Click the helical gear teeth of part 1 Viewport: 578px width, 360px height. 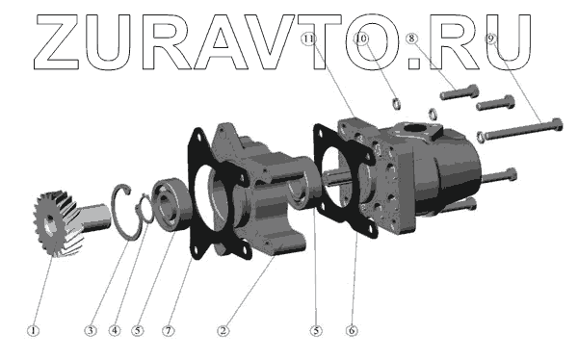tap(59, 223)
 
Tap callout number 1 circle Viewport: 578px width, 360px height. tap(33, 330)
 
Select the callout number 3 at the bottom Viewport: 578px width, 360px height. tap(90, 330)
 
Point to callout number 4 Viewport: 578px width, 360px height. tap(115, 330)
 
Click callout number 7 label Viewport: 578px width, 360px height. tap(169, 330)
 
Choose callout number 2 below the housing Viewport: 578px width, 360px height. tap(223, 330)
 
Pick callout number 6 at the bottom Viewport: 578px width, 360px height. tap(352, 330)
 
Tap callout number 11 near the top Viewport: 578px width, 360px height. tap(308, 39)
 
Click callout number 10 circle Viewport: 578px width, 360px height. tap(362, 39)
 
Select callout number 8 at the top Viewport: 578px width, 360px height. tap(411, 38)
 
